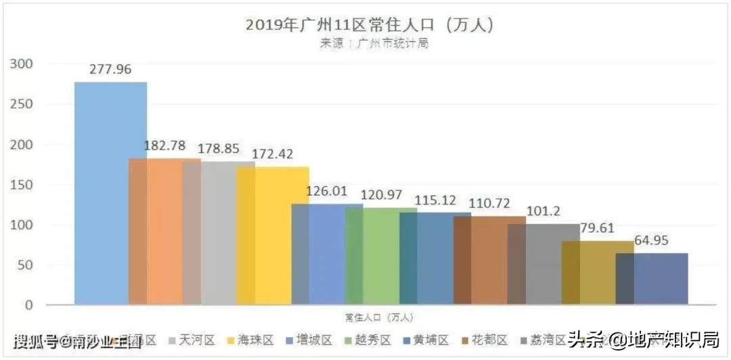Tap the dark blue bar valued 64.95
(652, 279)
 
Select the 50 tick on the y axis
(24, 265)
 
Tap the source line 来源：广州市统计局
(374, 43)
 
